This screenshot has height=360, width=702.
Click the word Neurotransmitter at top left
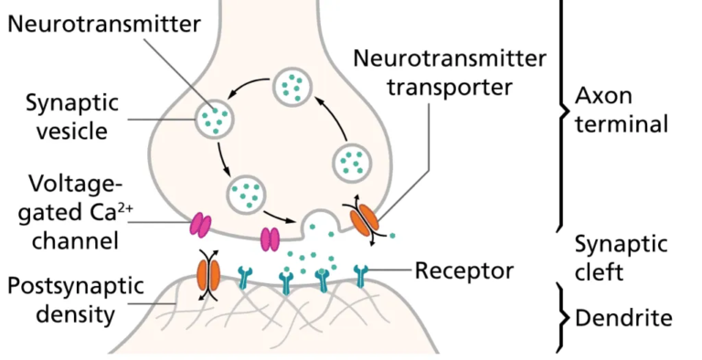[102, 24]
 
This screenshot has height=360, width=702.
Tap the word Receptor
[463, 270]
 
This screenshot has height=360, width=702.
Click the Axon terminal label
[622, 110]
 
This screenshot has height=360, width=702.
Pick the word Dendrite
[623, 318]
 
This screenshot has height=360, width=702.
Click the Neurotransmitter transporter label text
[450, 74]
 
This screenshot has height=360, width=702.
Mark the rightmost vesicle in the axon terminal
[352, 163]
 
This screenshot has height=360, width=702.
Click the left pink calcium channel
[199, 224]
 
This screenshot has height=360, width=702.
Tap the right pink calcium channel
[271, 238]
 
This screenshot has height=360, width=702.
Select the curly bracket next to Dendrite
[559, 317]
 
